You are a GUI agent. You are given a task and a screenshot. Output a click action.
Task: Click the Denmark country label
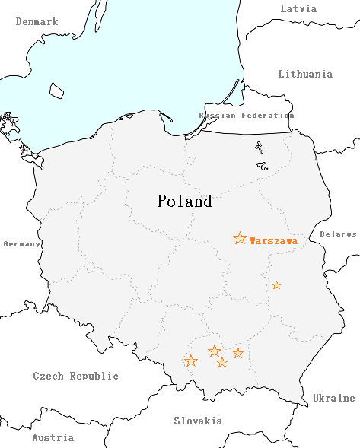37,22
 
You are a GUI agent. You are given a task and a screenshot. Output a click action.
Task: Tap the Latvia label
298,8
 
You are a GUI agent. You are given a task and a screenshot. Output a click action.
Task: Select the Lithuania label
305,74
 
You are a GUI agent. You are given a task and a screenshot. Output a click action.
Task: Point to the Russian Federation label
246,116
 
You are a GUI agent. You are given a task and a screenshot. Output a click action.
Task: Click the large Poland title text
184,202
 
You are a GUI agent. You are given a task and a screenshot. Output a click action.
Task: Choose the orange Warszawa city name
273,240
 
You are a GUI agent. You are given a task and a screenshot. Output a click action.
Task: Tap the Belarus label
338,234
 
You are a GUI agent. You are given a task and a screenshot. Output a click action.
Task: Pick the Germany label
21,244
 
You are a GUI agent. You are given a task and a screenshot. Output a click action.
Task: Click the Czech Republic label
75,376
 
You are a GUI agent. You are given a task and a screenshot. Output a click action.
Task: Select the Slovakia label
198,421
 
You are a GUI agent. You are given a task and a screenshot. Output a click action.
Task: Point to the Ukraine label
333,398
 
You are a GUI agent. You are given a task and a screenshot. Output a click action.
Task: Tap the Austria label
53,437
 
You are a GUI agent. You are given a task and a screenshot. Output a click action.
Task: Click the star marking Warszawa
240,239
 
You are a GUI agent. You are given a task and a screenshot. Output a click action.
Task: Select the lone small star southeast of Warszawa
276,285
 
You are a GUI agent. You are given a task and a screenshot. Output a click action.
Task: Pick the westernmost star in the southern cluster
191,361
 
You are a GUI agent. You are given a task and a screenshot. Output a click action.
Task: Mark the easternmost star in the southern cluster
238,353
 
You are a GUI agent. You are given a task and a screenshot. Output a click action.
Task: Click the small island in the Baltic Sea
56,91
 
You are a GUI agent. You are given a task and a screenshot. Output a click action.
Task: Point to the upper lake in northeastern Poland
259,148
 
